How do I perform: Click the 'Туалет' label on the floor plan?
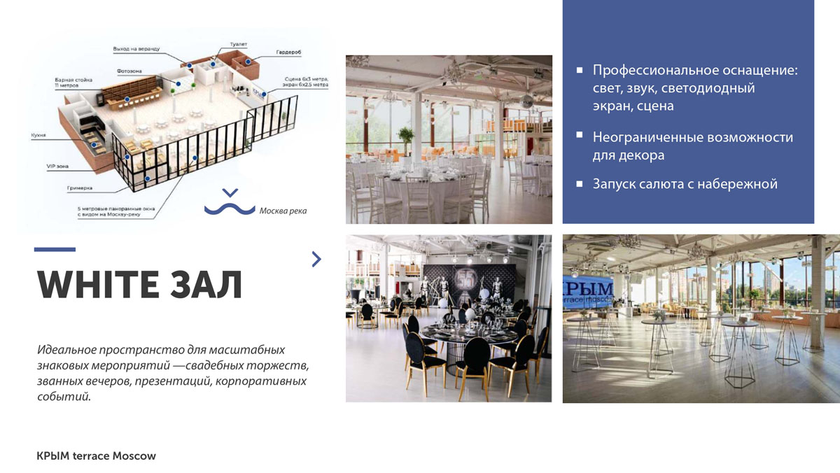tap(239, 44)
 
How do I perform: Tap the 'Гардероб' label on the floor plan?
tap(288, 52)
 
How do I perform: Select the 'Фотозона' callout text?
tap(129, 71)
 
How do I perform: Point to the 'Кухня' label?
tap(38, 135)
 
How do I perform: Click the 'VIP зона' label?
tap(57, 166)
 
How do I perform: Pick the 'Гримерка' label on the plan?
tap(80, 188)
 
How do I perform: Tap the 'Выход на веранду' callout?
tap(136, 49)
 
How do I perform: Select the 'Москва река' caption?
tap(283, 211)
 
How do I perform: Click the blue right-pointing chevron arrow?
tap(316, 259)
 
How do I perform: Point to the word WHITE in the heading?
tap(99, 285)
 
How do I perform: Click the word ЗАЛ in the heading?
tap(206, 285)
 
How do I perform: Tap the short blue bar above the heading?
tap(55, 249)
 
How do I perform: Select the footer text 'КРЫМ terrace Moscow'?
tap(96, 456)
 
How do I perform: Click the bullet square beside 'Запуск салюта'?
tap(580, 183)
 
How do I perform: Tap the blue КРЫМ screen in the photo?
tap(588, 292)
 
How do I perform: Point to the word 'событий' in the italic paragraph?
tap(64, 396)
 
